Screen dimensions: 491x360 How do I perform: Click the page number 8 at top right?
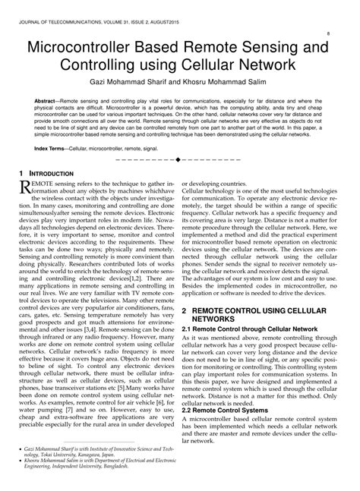[327, 33]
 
